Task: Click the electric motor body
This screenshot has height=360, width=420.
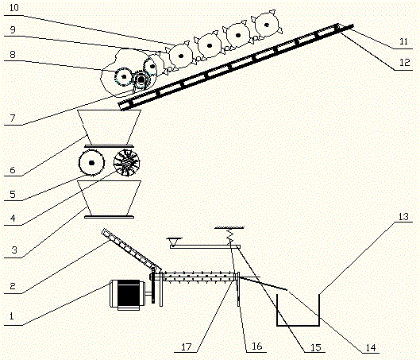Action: pyautogui.click(x=127, y=294)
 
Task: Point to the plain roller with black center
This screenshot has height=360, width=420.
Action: pyautogui.click(x=92, y=164)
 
